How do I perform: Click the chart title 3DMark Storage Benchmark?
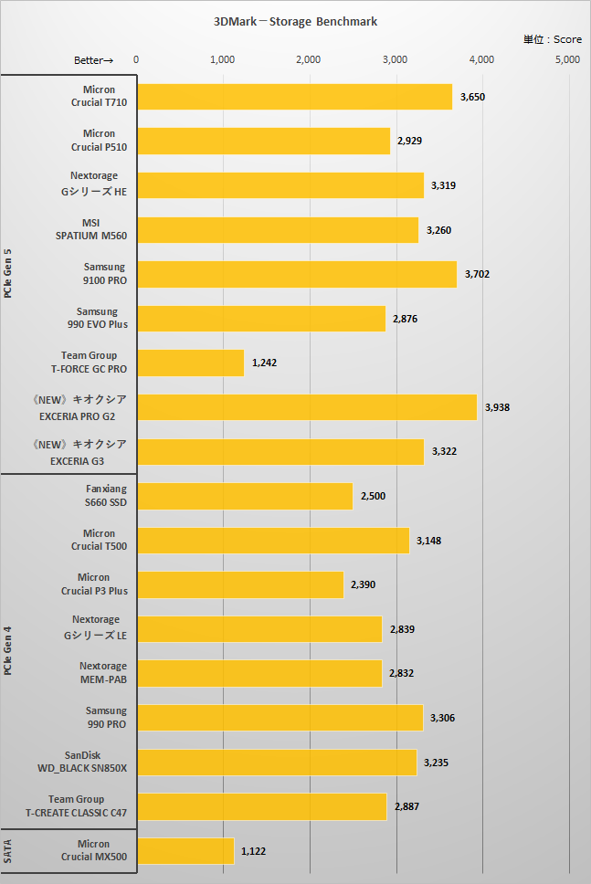295,21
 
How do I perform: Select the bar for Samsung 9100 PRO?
297,274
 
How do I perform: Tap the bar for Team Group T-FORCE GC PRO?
191,363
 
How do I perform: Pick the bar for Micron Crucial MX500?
185,851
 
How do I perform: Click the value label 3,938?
498,407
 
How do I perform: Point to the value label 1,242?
265,363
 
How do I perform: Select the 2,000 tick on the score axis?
309,59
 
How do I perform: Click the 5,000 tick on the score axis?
567,59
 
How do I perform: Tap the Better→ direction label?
93,60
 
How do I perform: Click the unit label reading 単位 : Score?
552,40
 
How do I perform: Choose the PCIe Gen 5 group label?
8,274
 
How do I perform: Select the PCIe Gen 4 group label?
8,651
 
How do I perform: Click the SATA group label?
8,851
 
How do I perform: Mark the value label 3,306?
442,718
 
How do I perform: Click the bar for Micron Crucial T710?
294,96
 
